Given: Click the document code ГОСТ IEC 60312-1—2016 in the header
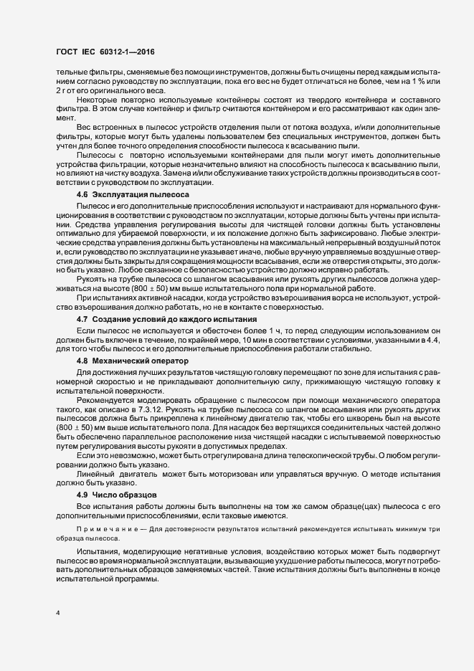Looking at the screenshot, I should tap(105, 52).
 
